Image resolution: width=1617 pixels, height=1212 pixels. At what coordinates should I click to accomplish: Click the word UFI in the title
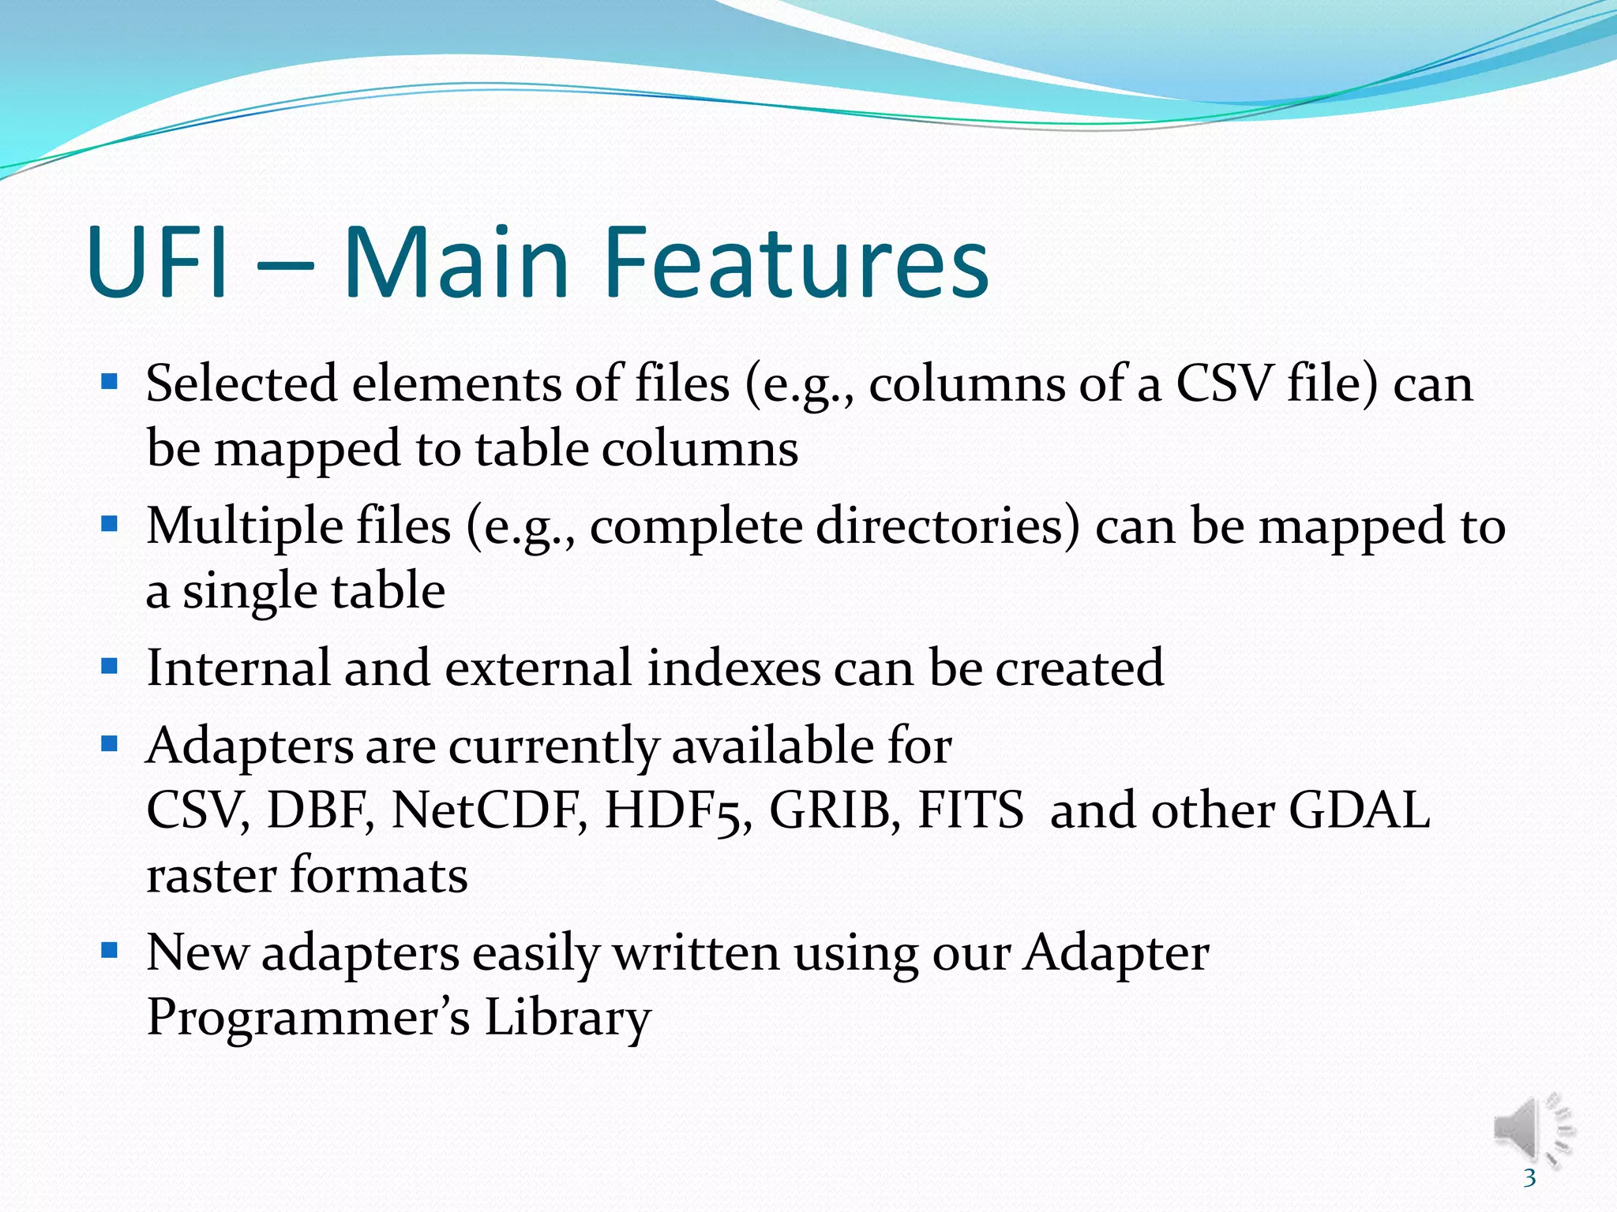pyautogui.click(x=158, y=262)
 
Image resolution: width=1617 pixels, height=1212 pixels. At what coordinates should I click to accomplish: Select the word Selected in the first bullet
pyautogui.click(x=241, y=384)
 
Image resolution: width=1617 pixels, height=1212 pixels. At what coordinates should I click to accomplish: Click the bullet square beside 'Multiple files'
pyautogui.click(x=110, y=524)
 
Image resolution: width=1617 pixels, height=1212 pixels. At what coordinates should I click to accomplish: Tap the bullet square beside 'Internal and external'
pyautogui.click(x=110, y=667)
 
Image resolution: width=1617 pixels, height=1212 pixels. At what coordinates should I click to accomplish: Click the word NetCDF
pyautogui.click(x=490, y=810)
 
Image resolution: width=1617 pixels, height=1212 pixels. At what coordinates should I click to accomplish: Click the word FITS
pyautogui.click(x=970, y=810)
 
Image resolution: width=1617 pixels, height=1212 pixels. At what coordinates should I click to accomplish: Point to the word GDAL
pyautogui.click(x=1359, y=810)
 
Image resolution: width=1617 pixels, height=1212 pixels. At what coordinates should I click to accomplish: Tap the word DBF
pyautogui.click(x=321, y=810)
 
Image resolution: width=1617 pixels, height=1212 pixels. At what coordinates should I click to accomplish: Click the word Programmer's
pyautogui.click(x=308, y=1018)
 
